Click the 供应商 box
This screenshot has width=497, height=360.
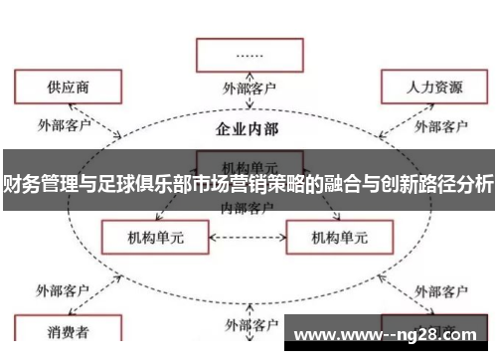click(61, 88)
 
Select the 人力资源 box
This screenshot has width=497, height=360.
click(434, 88)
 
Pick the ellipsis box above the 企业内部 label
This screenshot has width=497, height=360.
click(250, 55)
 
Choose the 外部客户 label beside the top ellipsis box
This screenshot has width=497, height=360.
click(250, 88)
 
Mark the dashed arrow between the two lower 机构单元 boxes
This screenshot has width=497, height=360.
click(244, 238)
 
